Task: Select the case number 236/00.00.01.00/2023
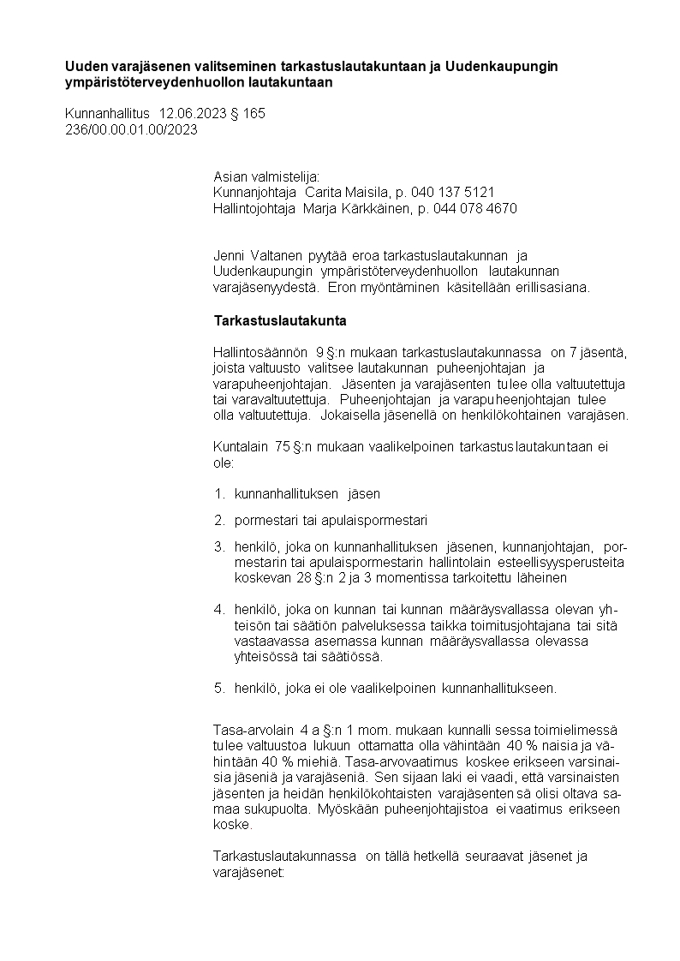pos(131,129)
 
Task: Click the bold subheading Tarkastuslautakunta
pos(279,321)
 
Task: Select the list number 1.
pos(218,494)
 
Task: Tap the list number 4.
pos(218,610)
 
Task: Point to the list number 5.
pos(218,687)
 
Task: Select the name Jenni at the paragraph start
pos(230,255)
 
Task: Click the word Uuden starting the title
pos(85,67)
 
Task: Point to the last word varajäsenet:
pos(251,872)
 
